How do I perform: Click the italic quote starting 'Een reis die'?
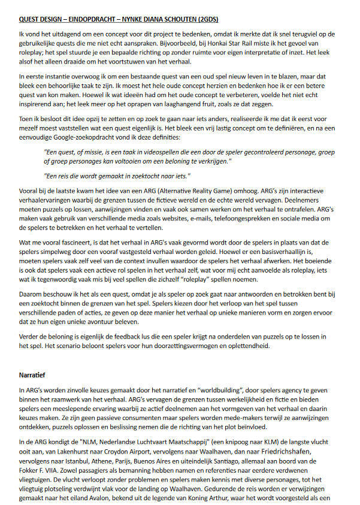(x=117, y=176)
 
